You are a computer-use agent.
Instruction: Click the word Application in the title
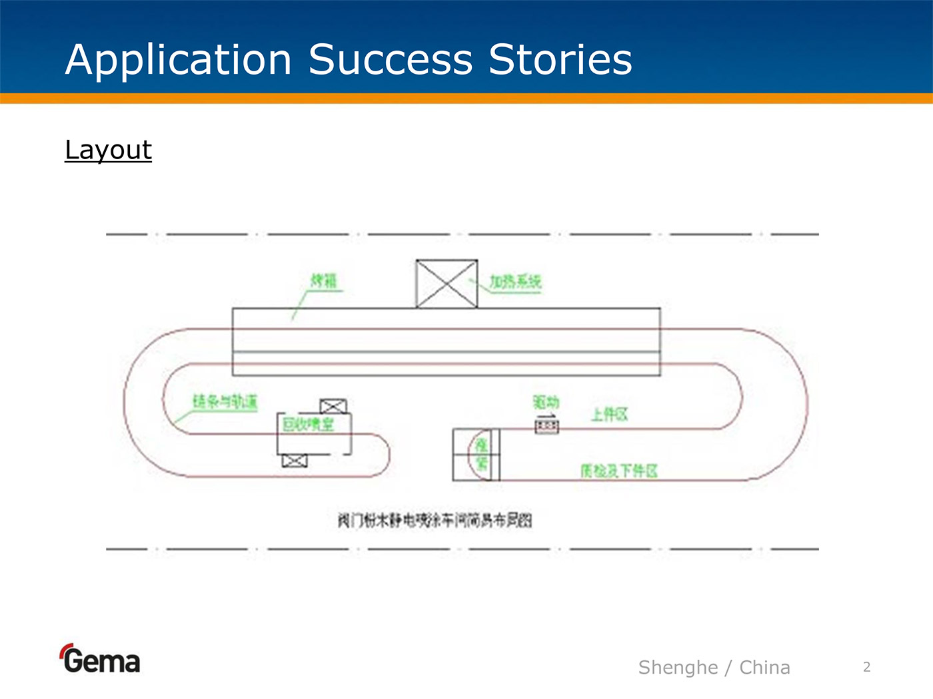pyautogui.click(x=179, y=60)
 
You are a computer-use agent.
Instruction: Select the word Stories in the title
pyautogui.click(x=560, y=60)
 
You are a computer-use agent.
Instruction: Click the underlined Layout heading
pyautogui.click(x=108, y=150)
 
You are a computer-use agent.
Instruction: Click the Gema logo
pyautogui.click(x=100, y=659)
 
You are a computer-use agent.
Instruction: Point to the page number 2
pyautogui.click(x=866, y=667)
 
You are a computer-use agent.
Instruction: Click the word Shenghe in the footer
pyautogui.click(x=678, y=667)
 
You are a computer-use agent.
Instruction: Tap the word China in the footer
pyautogui.click(x=764, y=667)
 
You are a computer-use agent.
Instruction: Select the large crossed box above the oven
pyautogui.click(x=447, y=284)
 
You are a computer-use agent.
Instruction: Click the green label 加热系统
pyautogui.click(x=515, y=282)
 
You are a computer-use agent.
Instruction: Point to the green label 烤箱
pyautogui.click(x=325, y=280)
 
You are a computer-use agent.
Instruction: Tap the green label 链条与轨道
pyautogui.click(x=225, y=401)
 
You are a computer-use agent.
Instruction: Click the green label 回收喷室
pyautogui.click(x=308, y=424)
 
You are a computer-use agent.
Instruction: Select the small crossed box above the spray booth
pyautogui.click(x=333, y=406)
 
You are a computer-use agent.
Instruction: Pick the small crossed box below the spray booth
pyautogui.click(x=295, y=461)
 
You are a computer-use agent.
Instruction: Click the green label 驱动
pyautogui.click(x=546, y=402)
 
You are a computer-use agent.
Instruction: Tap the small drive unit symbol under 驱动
pyautogui.click(x=546, y=425)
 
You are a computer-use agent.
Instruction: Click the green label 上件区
pyautogui.click(x=609, y=415)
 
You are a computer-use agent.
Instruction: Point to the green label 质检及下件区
pyautogui.click(x=618, y=471)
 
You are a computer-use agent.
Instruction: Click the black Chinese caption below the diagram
pyautogui.click(x=435, y=520)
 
